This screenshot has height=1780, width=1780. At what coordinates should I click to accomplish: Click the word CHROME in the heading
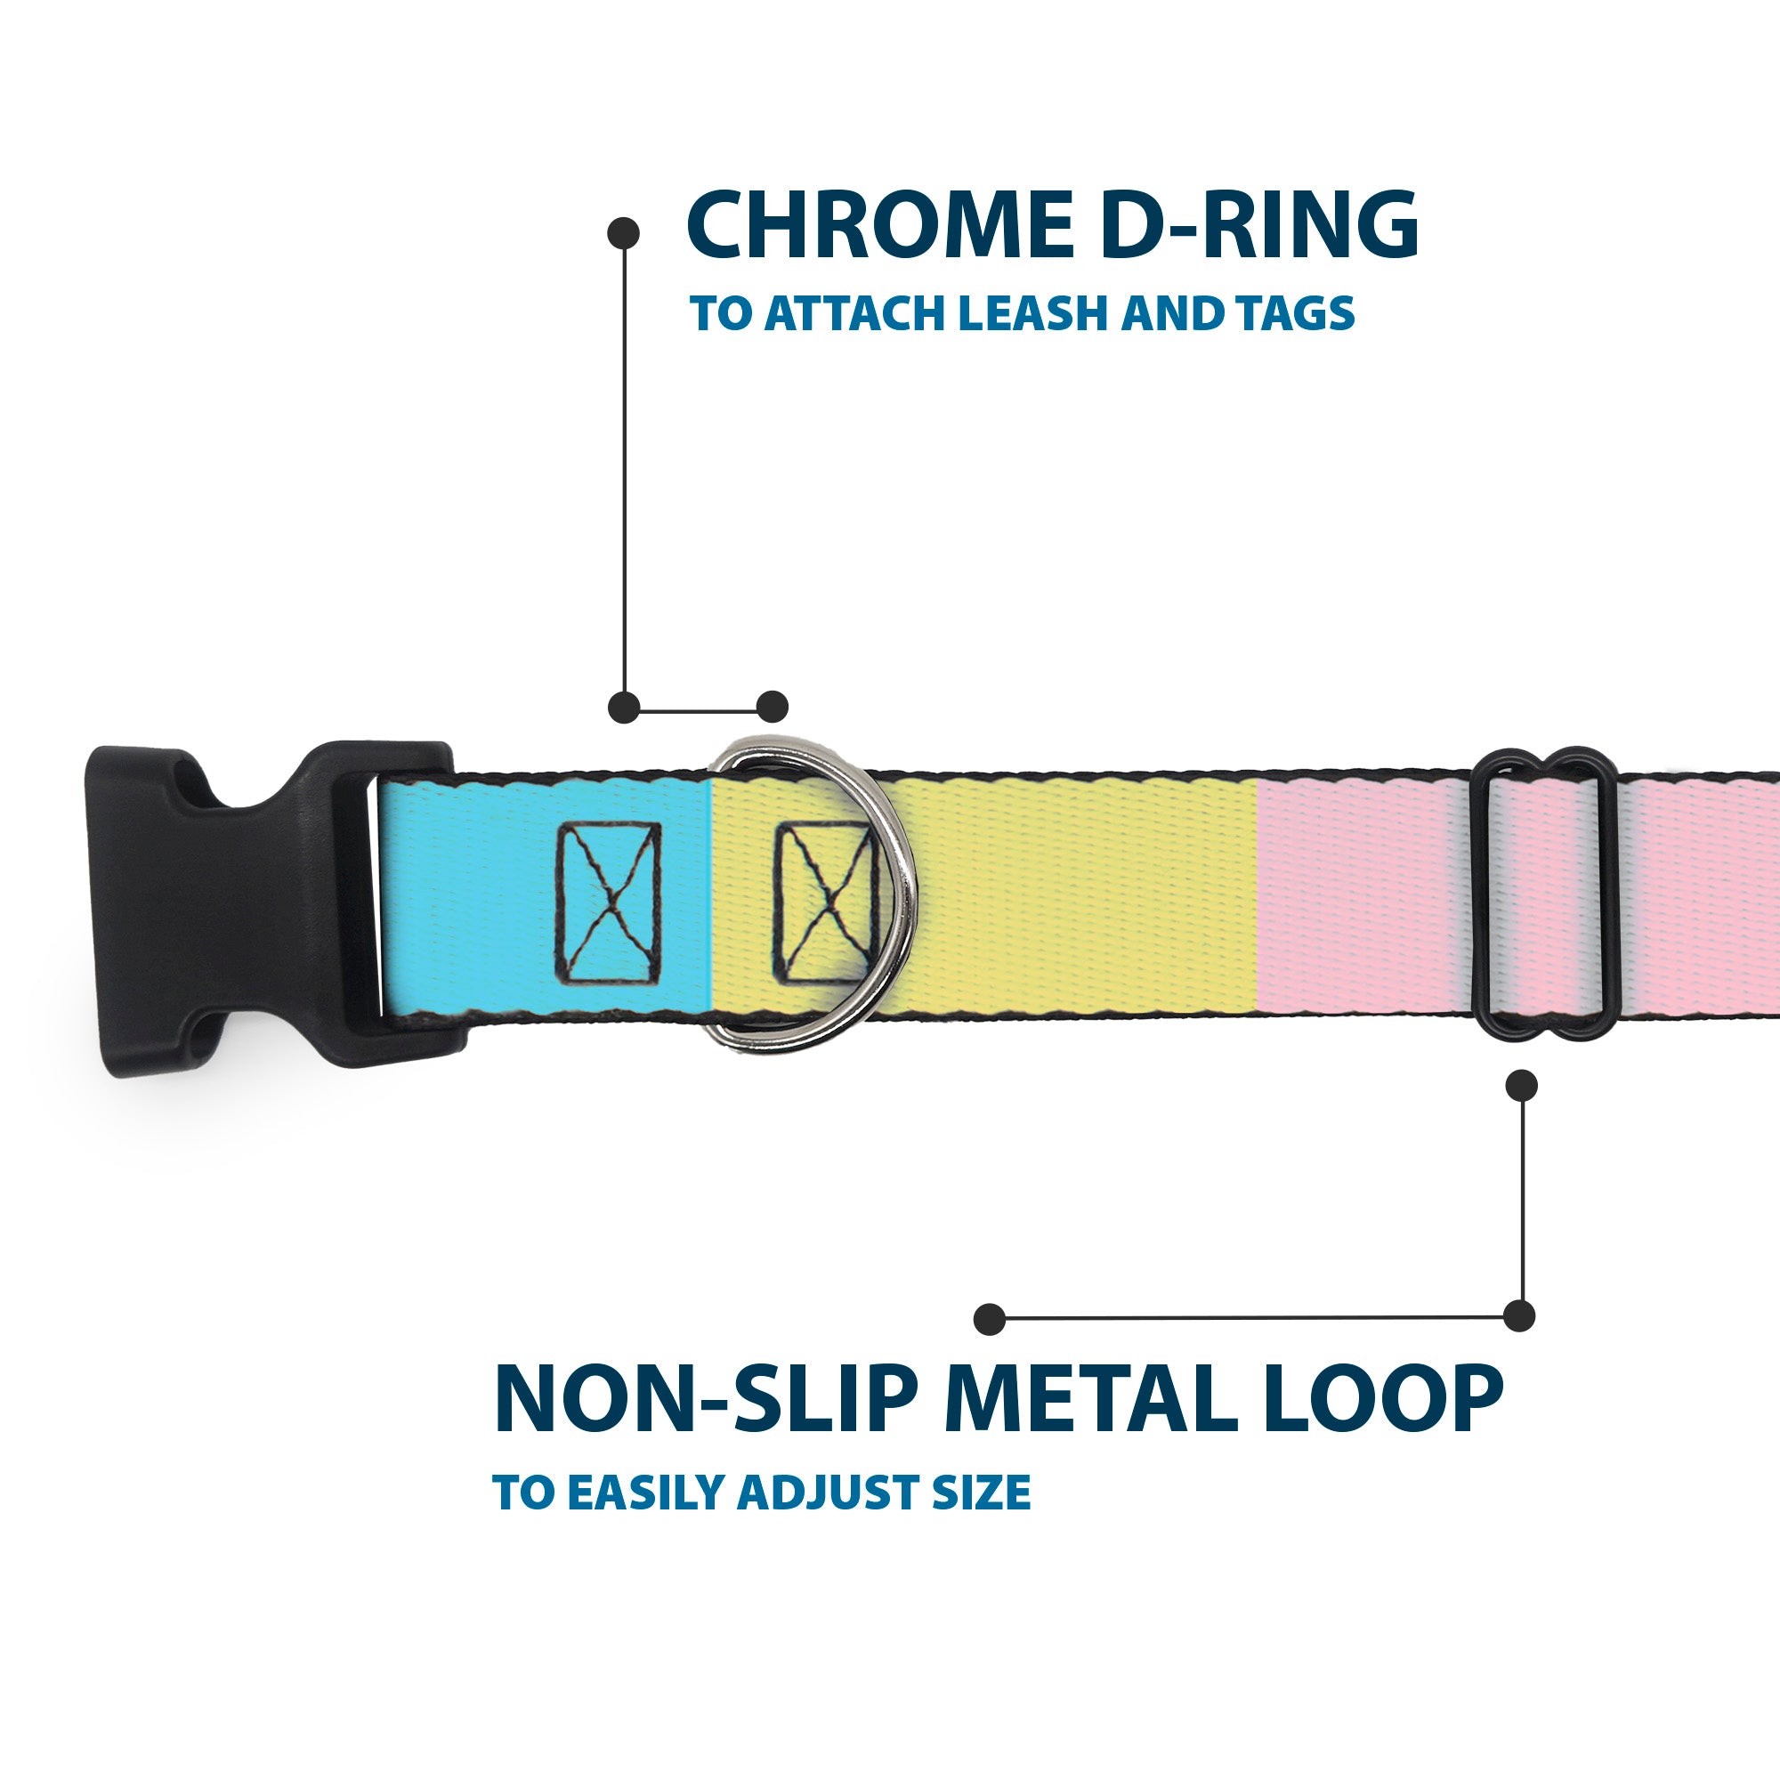pyautogui.click(x=880, y=225)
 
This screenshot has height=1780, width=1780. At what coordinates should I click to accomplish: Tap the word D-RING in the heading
pyautogui.click(x=1258, y=225)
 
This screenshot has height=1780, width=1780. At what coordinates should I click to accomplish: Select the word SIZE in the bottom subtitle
pyautogui.click(x=980, y=1518)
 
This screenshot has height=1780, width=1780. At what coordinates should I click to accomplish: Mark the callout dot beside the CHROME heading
pyautogui.click(x=624, y=232)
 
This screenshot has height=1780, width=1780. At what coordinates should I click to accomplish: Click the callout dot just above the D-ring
pyautogui.click(x=772, y=707)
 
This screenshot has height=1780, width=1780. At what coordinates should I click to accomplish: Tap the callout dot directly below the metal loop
pyautogui.click(x=1521, y=1085)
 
